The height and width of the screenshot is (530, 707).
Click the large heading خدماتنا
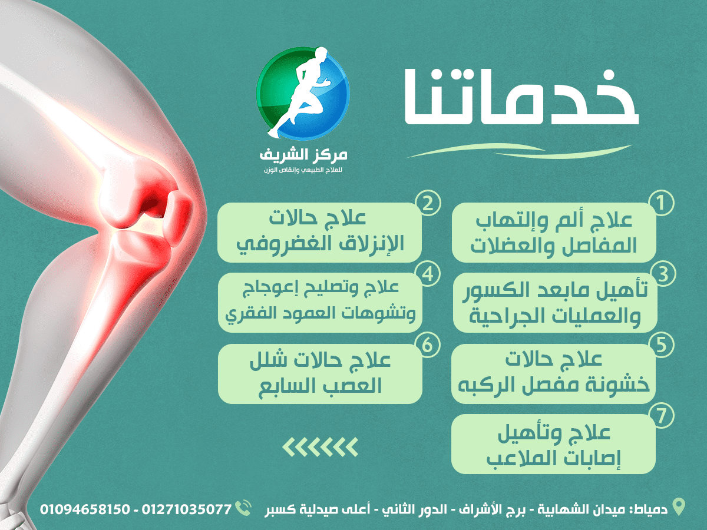click(521, 97)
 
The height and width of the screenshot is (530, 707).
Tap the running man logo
click(303, 93)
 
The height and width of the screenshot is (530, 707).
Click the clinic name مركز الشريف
click(303, 155)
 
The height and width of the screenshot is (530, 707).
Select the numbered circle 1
click(662, 203)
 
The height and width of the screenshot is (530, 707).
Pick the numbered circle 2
click(428, 203)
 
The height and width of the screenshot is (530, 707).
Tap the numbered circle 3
click(663, 274)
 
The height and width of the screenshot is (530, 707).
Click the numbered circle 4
click(428, 274)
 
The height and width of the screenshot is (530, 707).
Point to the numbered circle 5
click(662, 345)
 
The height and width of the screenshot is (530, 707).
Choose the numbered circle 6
click(428, 345)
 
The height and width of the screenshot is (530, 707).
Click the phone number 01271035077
click(187, 509)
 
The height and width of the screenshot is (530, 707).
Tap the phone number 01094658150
click(85, 509)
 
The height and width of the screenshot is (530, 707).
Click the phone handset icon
click(243, 508)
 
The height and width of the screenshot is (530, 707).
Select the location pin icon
click(678, 507)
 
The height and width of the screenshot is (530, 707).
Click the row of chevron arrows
click(320, 446)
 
